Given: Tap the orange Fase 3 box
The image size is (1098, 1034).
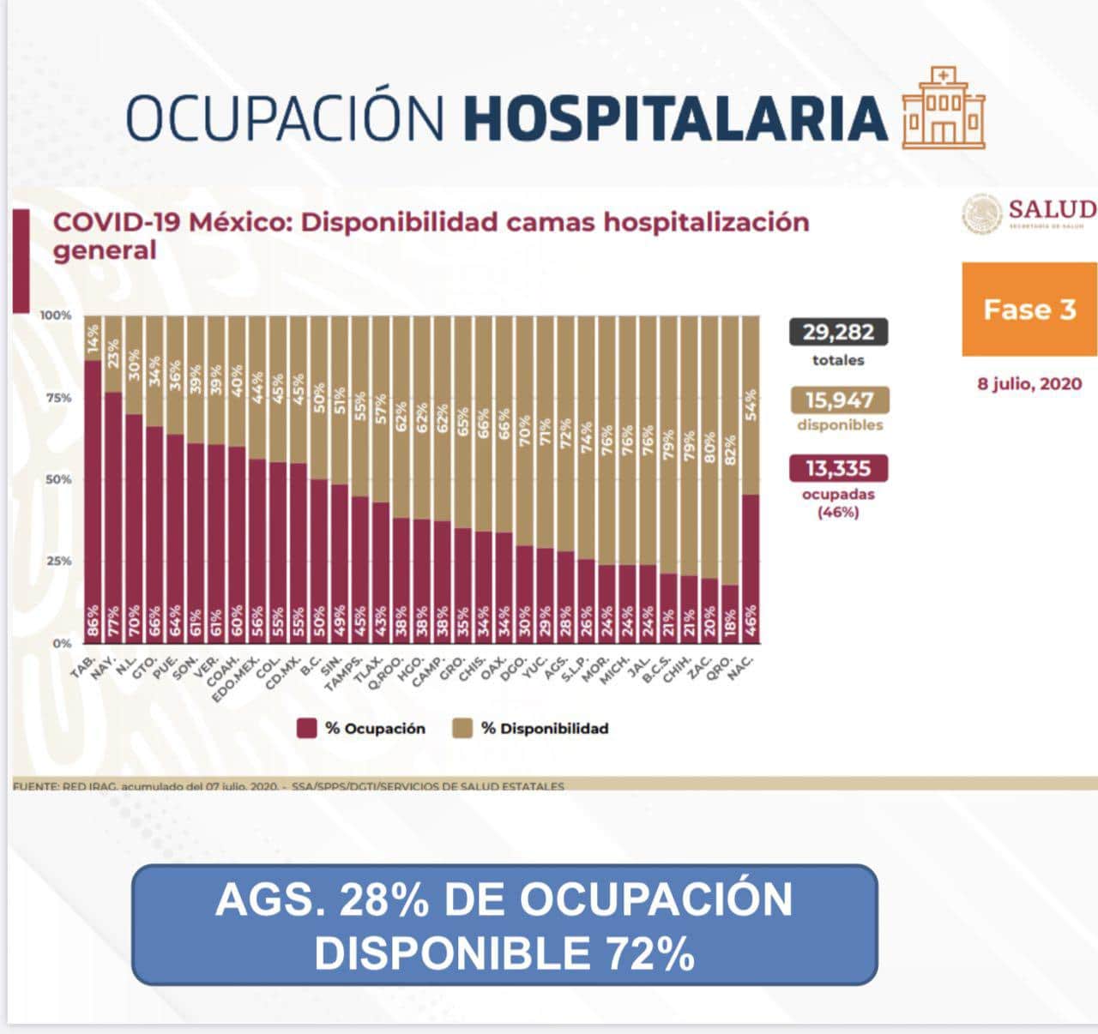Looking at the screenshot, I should click(1029, 309).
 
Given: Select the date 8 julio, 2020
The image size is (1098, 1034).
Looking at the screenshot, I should click(1029, 383).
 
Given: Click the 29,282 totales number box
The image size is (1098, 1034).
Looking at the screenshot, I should click(837, 332).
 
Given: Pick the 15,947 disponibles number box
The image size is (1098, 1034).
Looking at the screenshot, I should click(838, 400).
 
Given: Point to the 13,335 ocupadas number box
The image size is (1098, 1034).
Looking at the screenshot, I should click(837, 468).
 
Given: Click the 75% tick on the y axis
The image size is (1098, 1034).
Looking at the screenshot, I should click(57, 398).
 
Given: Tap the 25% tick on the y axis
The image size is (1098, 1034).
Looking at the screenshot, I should click(57, 561).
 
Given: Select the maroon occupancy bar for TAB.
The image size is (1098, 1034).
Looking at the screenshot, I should click(93, 502).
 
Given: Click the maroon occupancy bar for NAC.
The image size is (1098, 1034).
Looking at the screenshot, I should click(750, 568).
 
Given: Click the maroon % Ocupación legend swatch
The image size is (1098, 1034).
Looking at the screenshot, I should click(307, 729).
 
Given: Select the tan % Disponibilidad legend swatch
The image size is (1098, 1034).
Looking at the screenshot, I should click(463, 729).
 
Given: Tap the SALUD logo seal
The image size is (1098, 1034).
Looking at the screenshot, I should click(981, 213).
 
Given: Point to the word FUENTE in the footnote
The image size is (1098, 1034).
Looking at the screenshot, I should click(34, 786).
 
